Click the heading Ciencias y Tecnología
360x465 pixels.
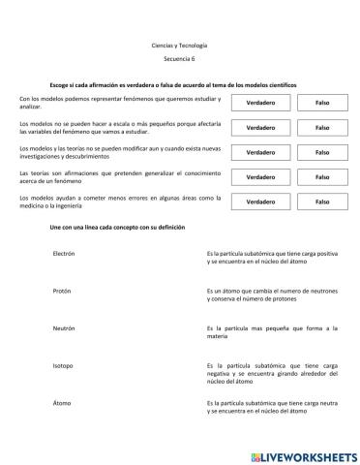click(x=180, y=46)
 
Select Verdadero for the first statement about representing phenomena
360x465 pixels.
click(x=259, y=103)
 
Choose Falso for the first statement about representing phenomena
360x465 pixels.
click(x=322, y=103)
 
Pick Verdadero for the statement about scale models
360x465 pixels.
click(x=259, y=128)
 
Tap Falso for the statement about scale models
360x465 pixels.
click(x=322, y=128)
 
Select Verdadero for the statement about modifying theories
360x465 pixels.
click(x=259, y=152)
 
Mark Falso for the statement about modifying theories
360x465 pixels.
click(x=322, y=152)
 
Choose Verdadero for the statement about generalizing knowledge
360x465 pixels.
click(x=259, y=177)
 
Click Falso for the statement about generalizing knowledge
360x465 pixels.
click(x=322, y=177)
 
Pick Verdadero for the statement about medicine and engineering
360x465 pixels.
click(x=259, y=202)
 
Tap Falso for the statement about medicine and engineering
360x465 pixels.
click(x=322, y=202)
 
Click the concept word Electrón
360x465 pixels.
click(x=65, y=253)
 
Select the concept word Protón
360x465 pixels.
click(x=64, y=291)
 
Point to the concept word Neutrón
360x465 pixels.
click(x=65, y=327)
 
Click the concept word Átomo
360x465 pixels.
click(x=63, y=403)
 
